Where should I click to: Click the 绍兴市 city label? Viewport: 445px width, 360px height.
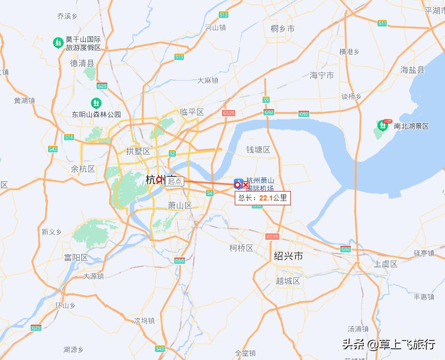[x=288, y=256]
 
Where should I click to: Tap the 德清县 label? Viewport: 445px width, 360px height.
[x=82, y=63]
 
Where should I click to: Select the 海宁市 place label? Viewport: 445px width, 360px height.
[x=322, y=75]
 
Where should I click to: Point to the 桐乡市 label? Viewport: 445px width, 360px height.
[x=283, y=29]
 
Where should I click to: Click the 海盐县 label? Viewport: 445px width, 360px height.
[x=412, y=70]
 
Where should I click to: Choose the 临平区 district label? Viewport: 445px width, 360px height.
[x=192, y=112]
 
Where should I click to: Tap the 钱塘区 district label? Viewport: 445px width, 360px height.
[x=258, y=150]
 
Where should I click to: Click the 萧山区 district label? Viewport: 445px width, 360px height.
[x=180, y=205]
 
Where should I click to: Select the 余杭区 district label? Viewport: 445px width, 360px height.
[x=83, y=169]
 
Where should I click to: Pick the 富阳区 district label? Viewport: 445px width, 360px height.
[x=76, y=258]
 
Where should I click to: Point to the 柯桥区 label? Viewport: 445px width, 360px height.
[x=241, y=248]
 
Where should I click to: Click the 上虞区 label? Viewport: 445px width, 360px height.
[x=386, y=264]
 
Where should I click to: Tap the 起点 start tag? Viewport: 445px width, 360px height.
[x=174, y=181]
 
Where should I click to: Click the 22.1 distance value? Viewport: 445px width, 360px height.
[x=266, y=198]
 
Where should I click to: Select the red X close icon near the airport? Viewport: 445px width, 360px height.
[x=245, y=185]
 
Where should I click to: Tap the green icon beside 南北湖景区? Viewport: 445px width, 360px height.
[x=382, y=126]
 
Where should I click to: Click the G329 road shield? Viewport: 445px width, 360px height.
[x=272, y=236]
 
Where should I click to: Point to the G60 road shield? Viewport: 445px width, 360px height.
[x=179, y=260]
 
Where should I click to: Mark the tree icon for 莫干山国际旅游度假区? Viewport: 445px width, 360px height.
[x=58, y=43]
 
